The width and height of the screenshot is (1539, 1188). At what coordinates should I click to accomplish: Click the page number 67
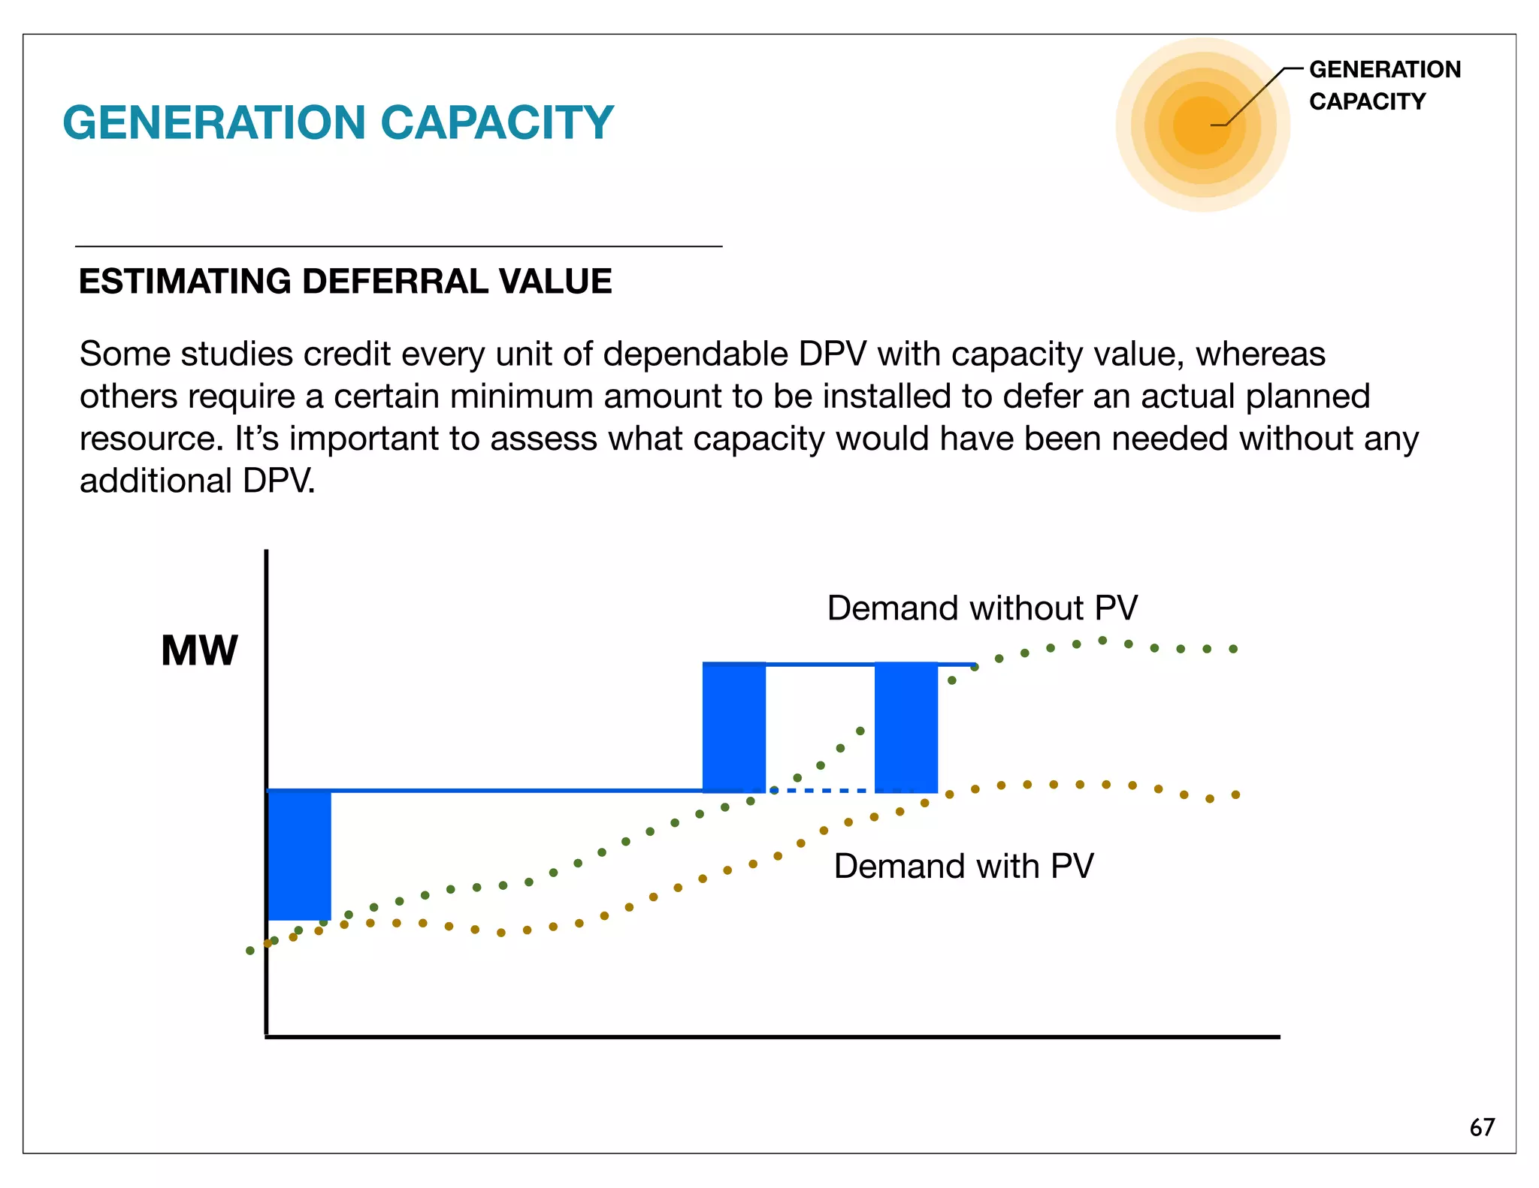point(1482,1126)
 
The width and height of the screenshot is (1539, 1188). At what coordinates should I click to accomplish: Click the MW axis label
point(199,650)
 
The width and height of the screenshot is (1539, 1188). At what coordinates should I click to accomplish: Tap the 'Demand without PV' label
point(982,608)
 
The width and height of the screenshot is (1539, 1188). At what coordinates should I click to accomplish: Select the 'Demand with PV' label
point(963,866)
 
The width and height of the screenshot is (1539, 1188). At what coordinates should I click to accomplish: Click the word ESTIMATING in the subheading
point(184,282)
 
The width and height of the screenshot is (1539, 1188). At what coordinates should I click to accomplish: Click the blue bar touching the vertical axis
point(299,855)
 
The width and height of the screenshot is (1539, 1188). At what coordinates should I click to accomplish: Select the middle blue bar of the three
point(733,727)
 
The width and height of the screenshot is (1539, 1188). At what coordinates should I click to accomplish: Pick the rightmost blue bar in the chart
point(906,727)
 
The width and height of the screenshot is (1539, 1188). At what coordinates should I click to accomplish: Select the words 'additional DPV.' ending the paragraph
point(197,481)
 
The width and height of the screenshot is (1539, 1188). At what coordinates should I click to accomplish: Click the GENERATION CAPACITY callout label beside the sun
point(1383,85)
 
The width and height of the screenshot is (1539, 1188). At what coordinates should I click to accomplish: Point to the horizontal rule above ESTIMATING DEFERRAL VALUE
point(398,246)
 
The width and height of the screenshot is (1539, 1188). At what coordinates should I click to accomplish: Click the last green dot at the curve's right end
point(1233,649)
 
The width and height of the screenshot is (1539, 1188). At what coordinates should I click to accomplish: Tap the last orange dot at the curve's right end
point(1235,795)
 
